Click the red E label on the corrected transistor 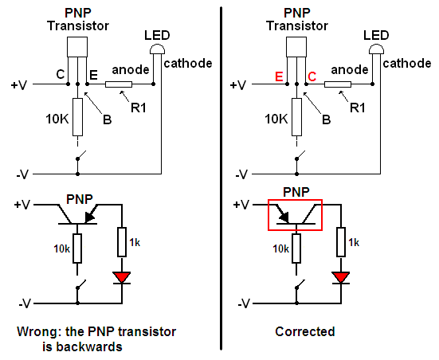(279, 76)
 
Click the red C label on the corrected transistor (312, 76)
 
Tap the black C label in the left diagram (61, 74)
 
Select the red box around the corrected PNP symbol (295, 200)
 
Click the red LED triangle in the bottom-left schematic (122, 277)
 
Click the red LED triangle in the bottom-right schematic (340, 277)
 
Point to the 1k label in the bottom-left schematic (135, 242)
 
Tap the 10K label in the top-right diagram (276, 119)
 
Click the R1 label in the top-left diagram (139, 108)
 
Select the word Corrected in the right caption (305, 332)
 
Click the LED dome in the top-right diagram (376, 49)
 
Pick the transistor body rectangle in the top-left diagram (77, 47)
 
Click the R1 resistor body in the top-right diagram (338, 84)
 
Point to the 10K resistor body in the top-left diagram (77, 117)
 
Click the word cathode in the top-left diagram (188, 63)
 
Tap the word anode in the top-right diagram (350, 70)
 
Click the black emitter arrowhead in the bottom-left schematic (90, 217)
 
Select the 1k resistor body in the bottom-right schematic (341, 242)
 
